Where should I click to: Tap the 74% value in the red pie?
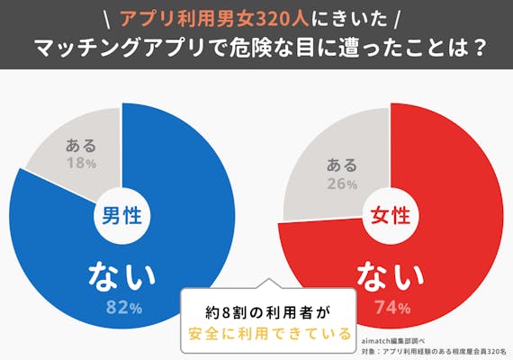coord(391,308)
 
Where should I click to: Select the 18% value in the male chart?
coord(81,164)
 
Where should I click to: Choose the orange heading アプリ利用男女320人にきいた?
coord(256,17)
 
